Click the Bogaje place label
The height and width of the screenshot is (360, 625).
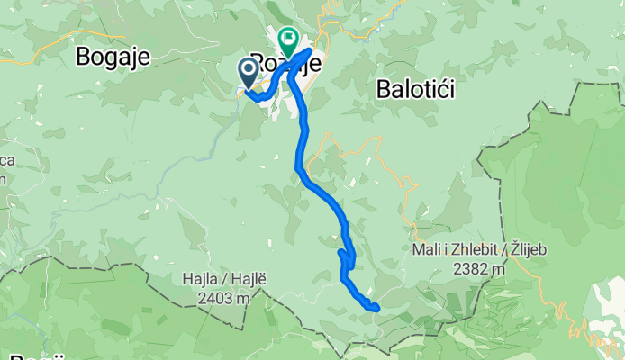click(x=113, y=57)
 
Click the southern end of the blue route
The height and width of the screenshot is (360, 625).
click(x=376, y=309)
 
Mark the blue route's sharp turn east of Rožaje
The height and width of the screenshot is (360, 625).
click(x=311, y=51)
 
